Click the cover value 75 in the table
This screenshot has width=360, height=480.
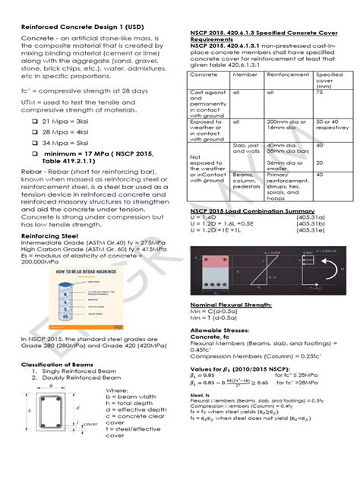click(319, 91)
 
